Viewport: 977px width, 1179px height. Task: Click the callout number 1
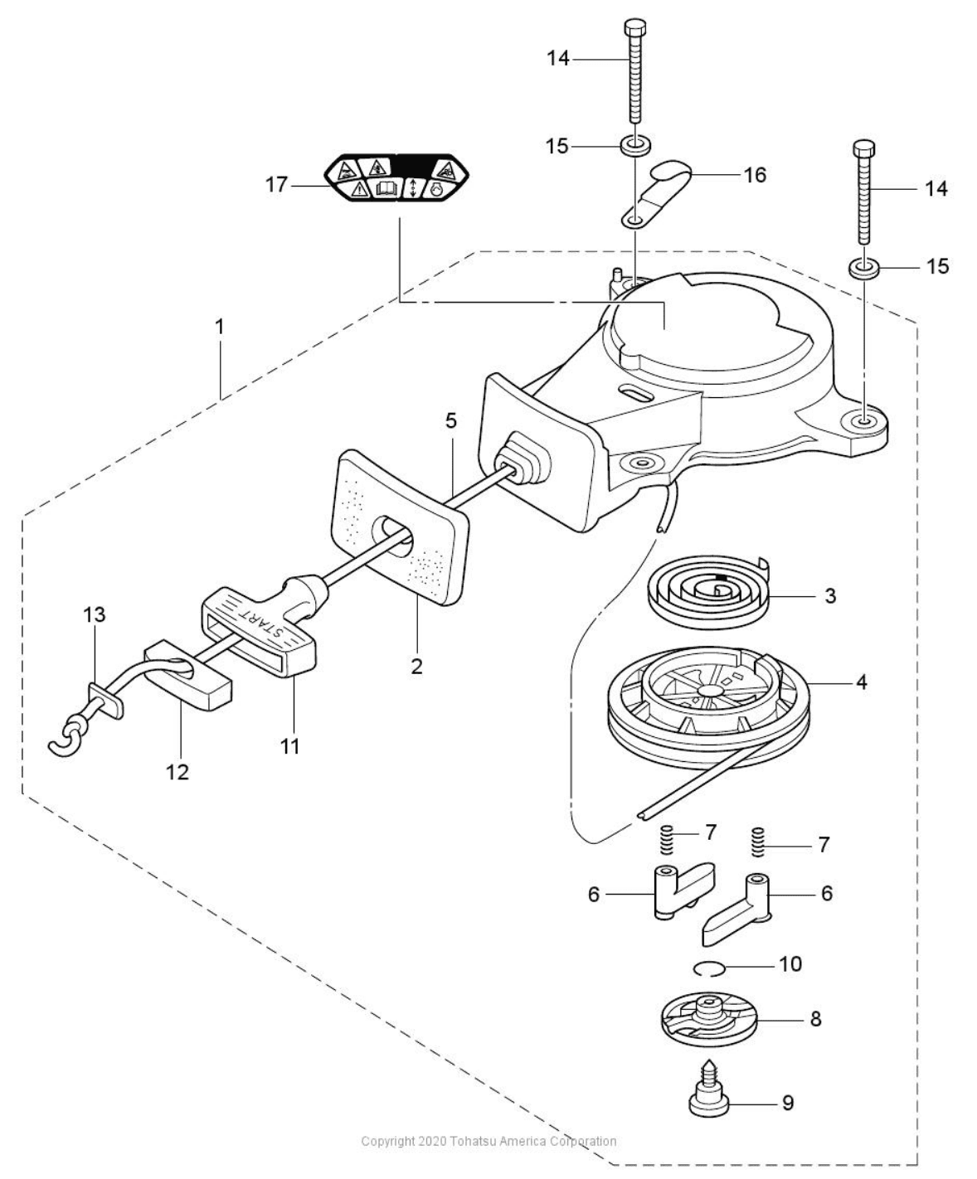(220, 327)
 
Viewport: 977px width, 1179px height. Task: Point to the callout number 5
(450, 420)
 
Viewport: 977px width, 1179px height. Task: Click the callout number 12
(177, 772)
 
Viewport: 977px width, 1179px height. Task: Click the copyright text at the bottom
(488, 1142)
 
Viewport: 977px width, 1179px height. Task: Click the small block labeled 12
(189, 672)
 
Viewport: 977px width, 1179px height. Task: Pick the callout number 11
(289, 745)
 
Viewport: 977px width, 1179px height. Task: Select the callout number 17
(276, 184)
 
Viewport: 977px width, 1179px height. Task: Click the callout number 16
(755, 175)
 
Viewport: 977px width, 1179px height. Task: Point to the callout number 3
(830, 595)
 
